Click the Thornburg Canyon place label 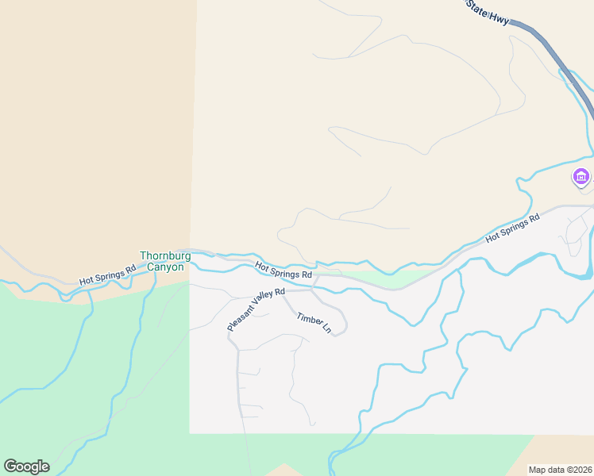tap(162, 261)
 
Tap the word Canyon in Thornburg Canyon tap(165, 267)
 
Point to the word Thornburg tap(162, 255)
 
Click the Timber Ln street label tap(314, 323)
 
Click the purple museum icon tap(581, 177)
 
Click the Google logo tap(26, 466)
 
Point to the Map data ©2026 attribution tap(561, 470)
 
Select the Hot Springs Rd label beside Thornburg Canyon tap(107, 274)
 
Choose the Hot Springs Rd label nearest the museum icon tap(512, 227)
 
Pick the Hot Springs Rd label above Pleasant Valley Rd tap(283, 271)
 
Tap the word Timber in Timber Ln tap(308, 319)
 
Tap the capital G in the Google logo tap(10, 466)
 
